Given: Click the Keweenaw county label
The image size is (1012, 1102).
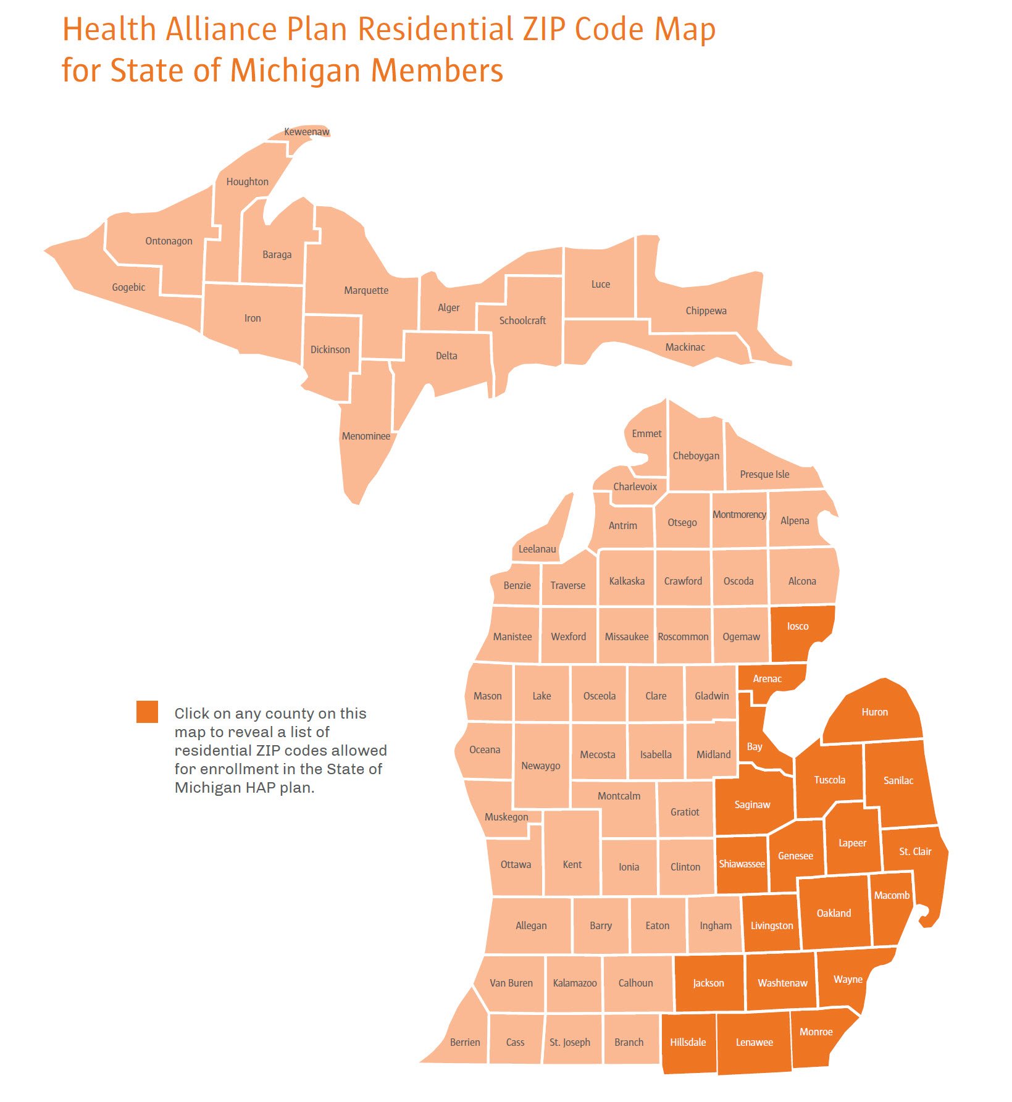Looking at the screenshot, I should [306, 131].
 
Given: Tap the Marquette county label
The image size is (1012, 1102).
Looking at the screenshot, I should [366, 290].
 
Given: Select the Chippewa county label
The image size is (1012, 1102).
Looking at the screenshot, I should [706, 311].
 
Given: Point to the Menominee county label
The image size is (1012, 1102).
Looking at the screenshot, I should [366, 436].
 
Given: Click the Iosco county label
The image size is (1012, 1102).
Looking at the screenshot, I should [797, 626].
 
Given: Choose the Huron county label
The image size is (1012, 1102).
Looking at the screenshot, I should [874, 712].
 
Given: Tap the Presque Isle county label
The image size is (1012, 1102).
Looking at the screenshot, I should [764, 474].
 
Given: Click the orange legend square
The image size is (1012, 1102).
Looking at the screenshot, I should [147, 711].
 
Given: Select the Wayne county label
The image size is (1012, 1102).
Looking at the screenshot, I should [848, 979].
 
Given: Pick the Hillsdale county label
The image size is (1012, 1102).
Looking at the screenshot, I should [687, 1042].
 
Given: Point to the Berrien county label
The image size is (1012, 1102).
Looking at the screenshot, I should [464, 1042].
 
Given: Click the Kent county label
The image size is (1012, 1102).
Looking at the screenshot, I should [572, 864].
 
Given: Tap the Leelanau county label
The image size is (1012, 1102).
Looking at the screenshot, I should [537, 549].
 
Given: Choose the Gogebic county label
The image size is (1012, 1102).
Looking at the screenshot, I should [128, 287].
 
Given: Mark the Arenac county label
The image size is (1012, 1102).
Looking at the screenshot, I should [767, 678].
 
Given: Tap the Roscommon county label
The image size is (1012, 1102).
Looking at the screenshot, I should [683, 637].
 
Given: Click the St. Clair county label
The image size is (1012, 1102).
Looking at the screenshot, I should [915, 851].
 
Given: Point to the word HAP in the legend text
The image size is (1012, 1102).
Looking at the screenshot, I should [260, 788].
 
